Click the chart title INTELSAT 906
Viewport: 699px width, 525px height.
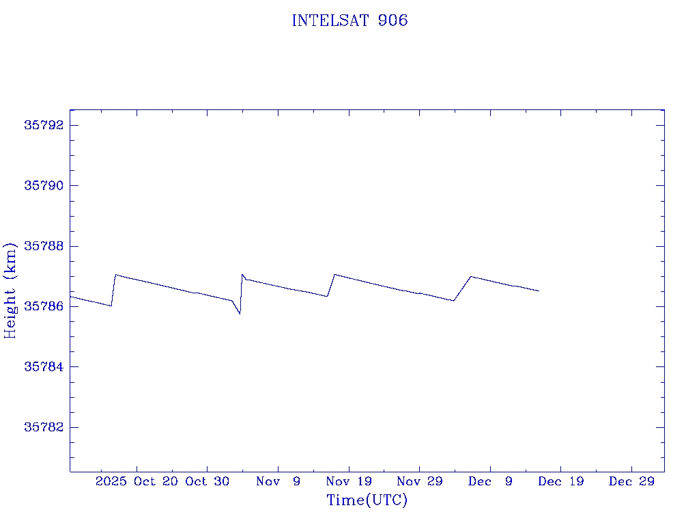(349, 21)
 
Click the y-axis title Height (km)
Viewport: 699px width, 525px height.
(10, 290)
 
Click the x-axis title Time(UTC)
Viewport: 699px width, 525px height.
(367, 500)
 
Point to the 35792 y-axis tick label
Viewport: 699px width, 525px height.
(44, 125)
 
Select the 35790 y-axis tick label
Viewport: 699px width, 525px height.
(44, 185)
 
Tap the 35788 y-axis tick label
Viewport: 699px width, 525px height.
(44, 246)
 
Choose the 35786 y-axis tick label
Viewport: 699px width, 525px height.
(44, 306)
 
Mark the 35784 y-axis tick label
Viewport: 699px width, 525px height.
(44, 367)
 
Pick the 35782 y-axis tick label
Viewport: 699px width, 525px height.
(44, 427)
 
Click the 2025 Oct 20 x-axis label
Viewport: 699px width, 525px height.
(137, 481)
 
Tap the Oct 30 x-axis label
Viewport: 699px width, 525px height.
(208, 481)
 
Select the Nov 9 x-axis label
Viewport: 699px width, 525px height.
(278, 481)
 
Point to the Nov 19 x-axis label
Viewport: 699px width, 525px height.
(349, 481)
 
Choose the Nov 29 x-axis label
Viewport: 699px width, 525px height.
(419, 481)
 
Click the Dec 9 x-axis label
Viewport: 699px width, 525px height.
(490, 481)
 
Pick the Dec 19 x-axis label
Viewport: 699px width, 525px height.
(560, 481)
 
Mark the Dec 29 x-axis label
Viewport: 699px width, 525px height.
(631, 481)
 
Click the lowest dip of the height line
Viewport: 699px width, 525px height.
(240, 313)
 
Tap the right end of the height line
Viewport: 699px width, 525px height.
(539, 291)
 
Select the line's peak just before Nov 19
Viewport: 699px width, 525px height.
(334, 275)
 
